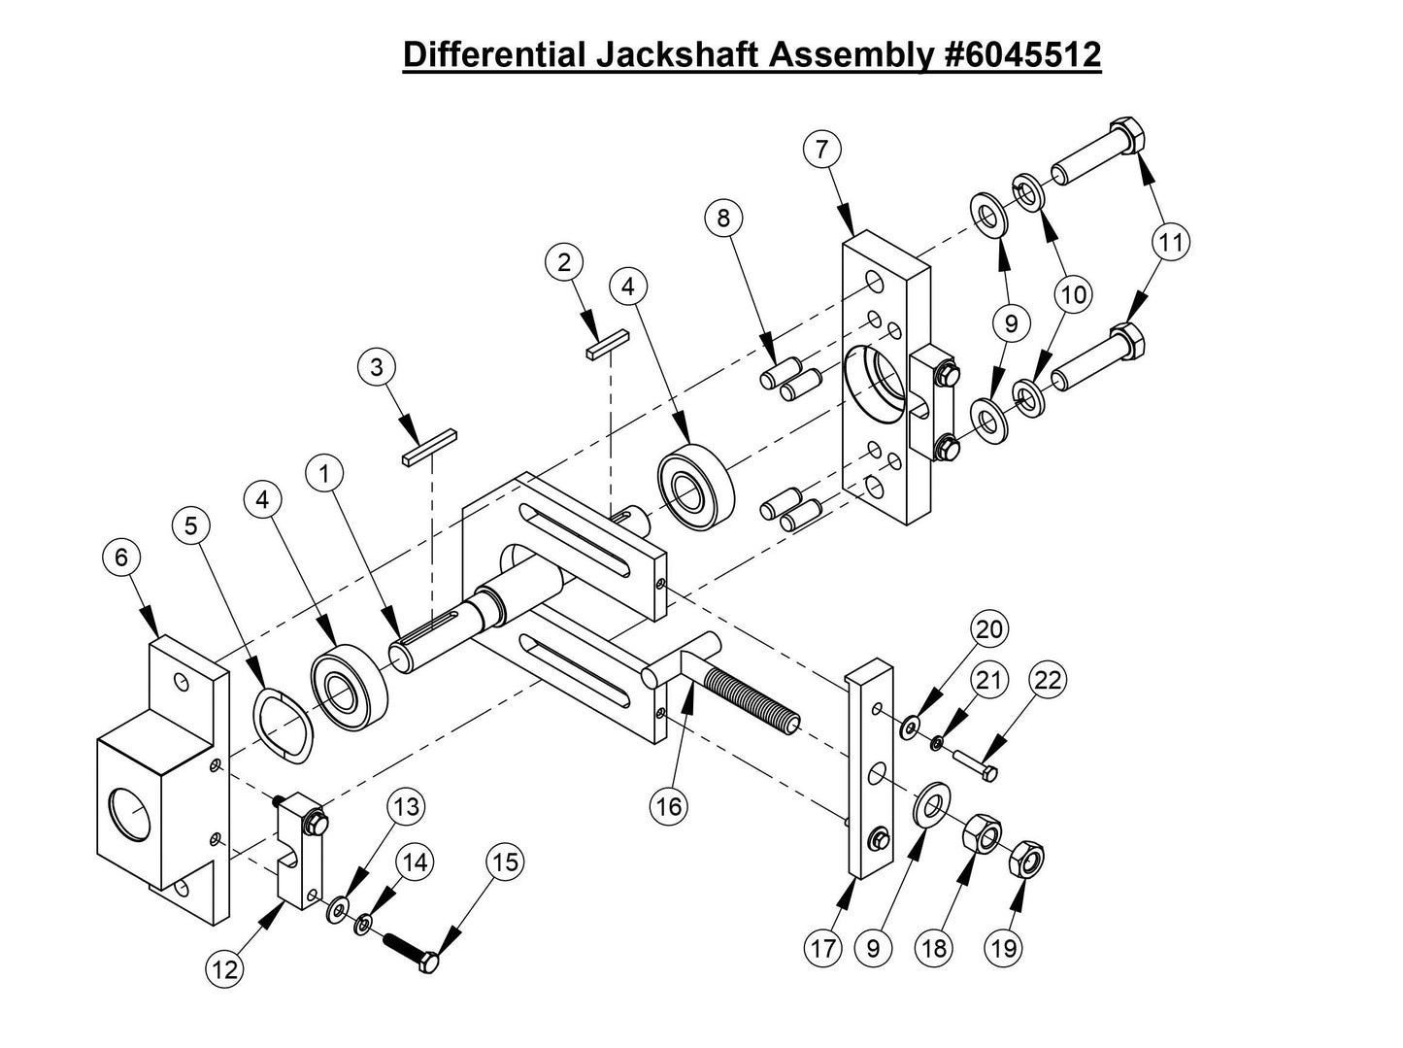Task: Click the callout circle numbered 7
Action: click(821, 151)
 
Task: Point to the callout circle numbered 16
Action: click(670, 805)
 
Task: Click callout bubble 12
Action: click(224, 968)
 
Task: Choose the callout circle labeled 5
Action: click(190, 525)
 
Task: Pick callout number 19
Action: click(1005, 947)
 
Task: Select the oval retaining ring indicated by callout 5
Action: click(283, 718)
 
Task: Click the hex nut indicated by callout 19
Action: click(1027, 860)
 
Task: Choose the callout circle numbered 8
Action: click(723, 218)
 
